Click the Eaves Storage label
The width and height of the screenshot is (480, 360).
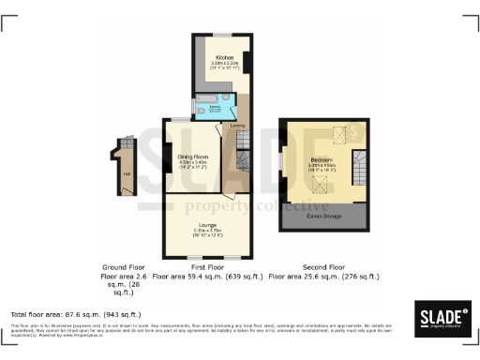[324, 213]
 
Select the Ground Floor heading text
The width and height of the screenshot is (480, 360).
[125, 268]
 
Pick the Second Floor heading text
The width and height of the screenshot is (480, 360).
[324, 268]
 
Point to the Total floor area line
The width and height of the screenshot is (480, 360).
[75, 314]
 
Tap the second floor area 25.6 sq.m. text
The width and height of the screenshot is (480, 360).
[324, 277]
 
